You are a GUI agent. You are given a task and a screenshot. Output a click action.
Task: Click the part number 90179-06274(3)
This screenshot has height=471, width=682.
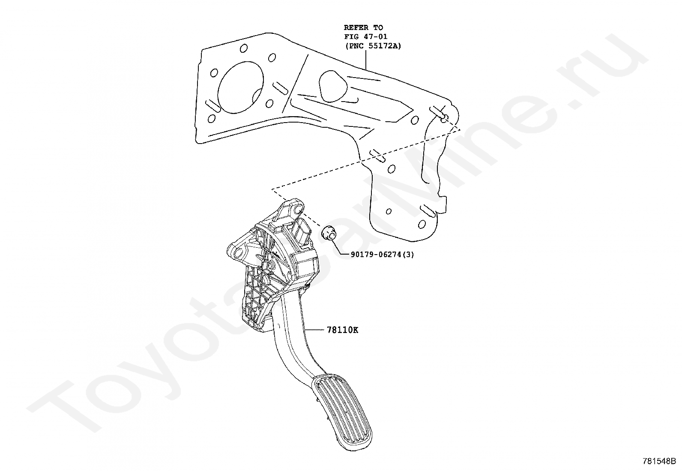pos(382,254)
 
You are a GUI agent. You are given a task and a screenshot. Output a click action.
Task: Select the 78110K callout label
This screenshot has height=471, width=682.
pos(342,330)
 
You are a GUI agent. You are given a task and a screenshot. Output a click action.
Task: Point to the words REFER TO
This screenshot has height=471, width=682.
pos(363,28)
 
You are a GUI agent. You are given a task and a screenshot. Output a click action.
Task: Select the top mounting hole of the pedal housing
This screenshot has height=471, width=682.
pos(295,210)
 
